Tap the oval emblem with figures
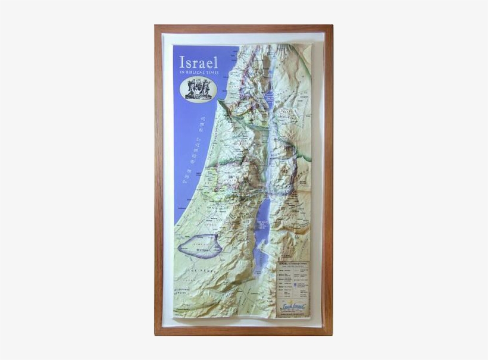tap(198, 89)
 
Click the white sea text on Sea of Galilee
tap(268, 98)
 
